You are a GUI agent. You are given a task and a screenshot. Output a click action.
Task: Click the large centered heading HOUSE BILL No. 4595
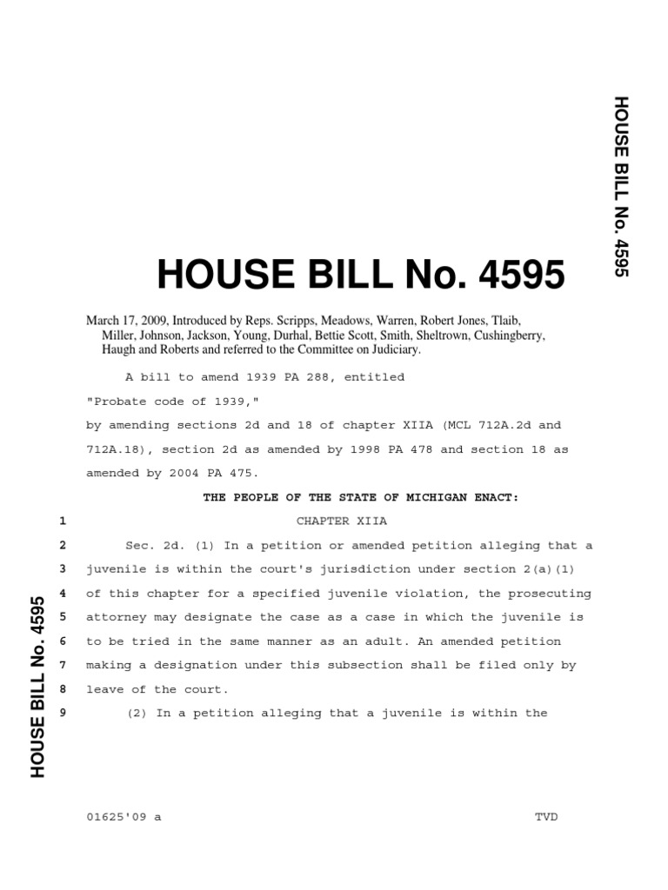click(360, 276)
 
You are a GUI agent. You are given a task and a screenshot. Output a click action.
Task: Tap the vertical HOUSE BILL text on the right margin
click(620, 187)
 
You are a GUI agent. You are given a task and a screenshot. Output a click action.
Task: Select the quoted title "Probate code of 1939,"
click(148, 402)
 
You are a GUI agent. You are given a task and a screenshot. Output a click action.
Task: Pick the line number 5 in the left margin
click(63, 617)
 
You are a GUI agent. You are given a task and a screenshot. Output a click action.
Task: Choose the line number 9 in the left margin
click(63, 714)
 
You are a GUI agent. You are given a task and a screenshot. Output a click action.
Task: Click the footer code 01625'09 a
click(124, 818)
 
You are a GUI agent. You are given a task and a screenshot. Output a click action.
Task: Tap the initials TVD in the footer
click(546, 818)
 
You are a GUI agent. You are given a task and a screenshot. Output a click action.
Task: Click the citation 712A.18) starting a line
click(117, 449)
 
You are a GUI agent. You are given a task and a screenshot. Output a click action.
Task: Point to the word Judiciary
click(391, 349)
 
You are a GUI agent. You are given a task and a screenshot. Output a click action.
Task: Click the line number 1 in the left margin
click(63, 521)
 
